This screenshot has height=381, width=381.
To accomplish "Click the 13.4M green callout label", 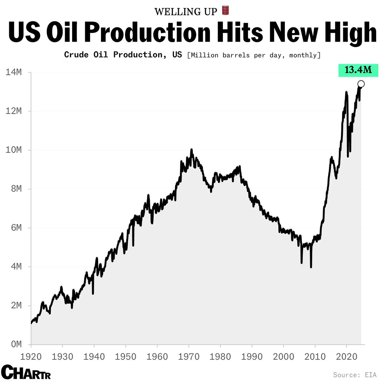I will [x=358, y=70].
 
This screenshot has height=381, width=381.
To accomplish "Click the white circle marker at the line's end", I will [x=361, y=84].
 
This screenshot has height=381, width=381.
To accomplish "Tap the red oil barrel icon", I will [x=225, y=10].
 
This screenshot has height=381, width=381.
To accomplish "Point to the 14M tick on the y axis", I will [x=14, y=72].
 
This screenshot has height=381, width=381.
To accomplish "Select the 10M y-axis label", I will [x=14, y=150].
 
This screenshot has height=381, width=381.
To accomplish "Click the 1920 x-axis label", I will [x=31, y=357].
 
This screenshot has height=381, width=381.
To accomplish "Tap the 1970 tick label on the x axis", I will [x=189, y=357].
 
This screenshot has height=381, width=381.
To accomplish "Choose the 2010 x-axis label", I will [x=315, y=357].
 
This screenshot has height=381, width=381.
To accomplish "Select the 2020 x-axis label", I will [x=346, y=357].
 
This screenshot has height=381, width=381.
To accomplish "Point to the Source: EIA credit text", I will [x=355, y=375].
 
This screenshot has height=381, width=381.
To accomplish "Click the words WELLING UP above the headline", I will [x=186, y=12].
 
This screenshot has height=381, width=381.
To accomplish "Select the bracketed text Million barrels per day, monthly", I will [x=254, y=55].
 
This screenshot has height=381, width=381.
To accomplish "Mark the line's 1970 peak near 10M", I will [x=191, y=150].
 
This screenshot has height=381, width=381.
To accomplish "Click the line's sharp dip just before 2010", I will [x=311, y=267].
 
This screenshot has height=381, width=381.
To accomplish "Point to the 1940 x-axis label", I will [x=94, y=357].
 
